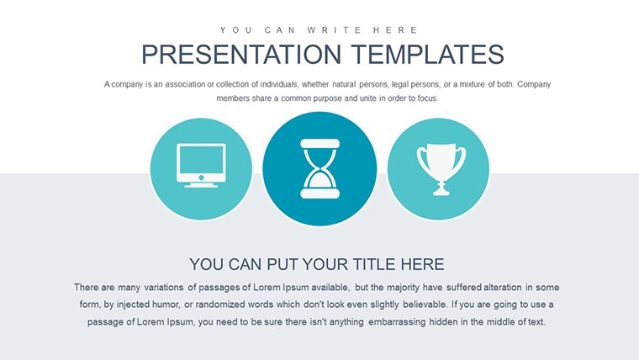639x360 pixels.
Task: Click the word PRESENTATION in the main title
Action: (x=241, y=54)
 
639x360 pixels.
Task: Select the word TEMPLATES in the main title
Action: (x=428, y=54)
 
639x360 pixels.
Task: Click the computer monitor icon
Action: (x=201, y=165)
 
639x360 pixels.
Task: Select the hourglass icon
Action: (x=319, y=169)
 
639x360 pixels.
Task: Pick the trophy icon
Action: (x=441, y=169)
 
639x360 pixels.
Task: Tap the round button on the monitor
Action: (x=201, y=177)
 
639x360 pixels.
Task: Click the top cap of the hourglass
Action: (x=319, y=144)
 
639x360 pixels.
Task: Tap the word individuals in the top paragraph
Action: (x=279, y=84)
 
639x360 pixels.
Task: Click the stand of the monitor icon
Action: (x=201, y=185)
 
